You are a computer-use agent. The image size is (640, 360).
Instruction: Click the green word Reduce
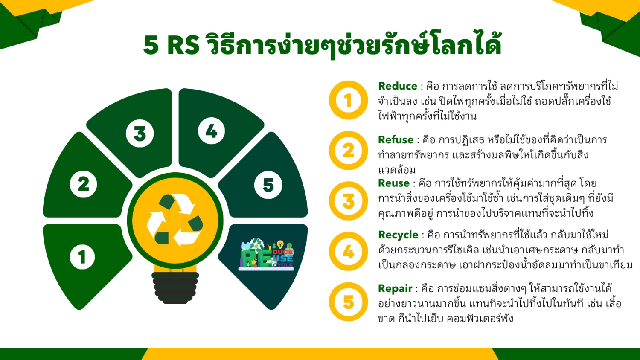[397, 86]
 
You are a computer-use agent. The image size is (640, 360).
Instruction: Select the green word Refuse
[396, 140]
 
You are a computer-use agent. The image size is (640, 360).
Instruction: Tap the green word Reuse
[394, 183]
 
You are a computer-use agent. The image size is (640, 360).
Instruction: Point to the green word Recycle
[398, 235]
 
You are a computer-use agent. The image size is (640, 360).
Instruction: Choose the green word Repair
[395, 289]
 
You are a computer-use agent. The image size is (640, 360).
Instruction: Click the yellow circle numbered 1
[348, 100]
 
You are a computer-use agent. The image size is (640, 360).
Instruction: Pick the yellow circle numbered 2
[348, 151]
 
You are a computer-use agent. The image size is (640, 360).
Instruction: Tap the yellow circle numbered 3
[348, 201]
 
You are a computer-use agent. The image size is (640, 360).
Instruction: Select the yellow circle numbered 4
[348, 251]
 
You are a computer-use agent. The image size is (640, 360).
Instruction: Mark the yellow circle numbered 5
[348, 302]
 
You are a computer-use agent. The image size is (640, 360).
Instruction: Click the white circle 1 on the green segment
[82, 257]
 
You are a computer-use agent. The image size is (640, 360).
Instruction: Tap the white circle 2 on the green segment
[84, 184]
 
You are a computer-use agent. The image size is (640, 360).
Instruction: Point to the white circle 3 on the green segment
[140, 134]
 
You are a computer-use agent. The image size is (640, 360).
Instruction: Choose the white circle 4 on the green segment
[212, 131]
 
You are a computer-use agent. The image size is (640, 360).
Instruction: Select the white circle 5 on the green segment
[268, 185]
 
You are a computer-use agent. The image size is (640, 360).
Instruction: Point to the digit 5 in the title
[151, 45]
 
